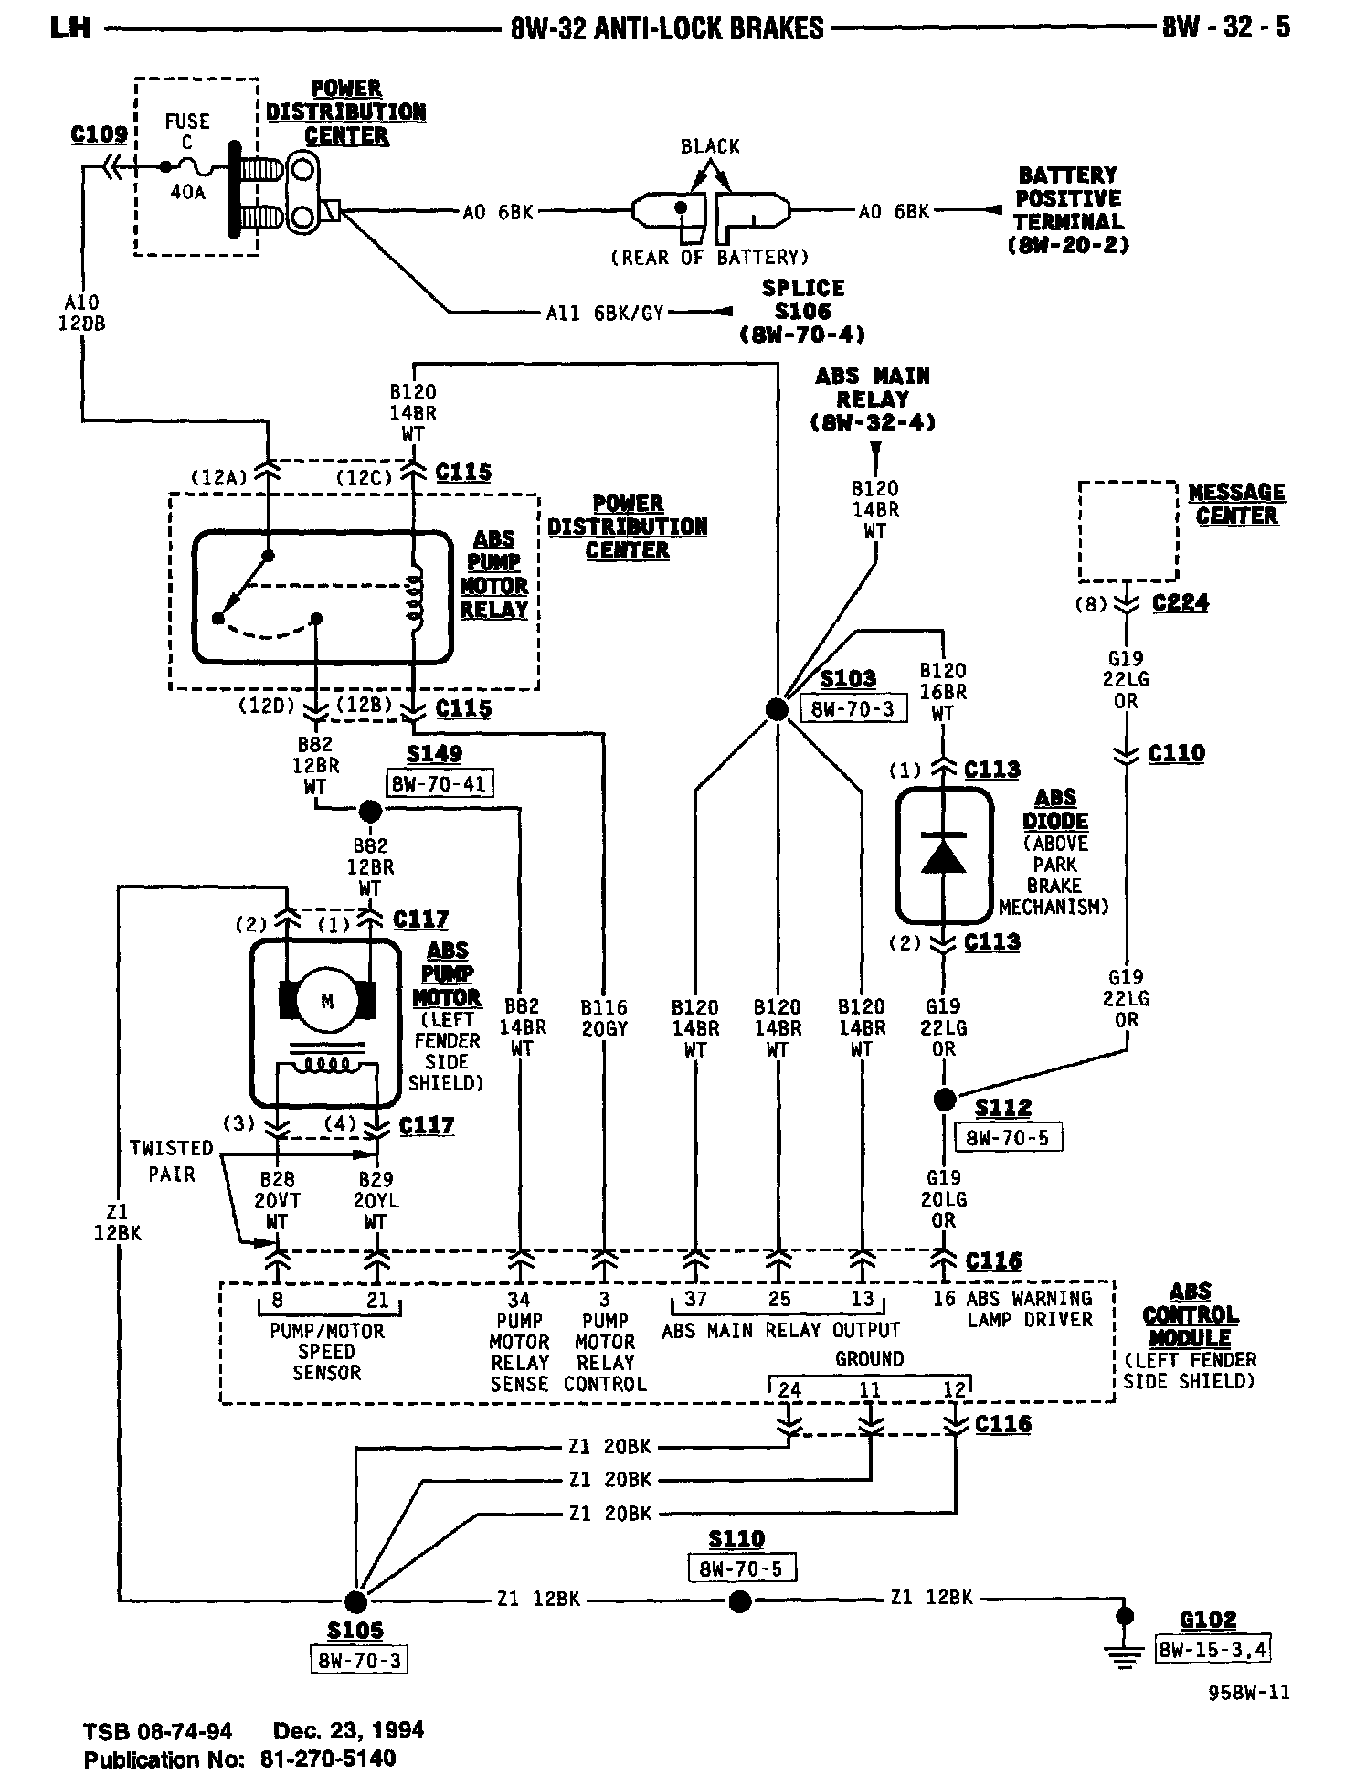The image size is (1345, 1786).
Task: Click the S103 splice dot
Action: (776, 710)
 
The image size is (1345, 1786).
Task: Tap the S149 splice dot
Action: (370, 811)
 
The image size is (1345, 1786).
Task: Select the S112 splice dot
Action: (944, 1099)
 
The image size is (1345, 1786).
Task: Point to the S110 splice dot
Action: (740, 1601)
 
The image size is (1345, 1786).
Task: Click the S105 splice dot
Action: (355, 1601)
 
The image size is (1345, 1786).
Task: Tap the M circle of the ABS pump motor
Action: (327, 1002)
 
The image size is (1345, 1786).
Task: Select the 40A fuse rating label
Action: (187, 193)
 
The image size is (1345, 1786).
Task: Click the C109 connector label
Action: (99, 135)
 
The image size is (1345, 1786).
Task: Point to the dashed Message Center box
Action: (1128, 531)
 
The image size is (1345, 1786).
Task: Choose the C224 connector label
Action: (1180, 603)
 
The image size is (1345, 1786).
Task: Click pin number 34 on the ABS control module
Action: (519, 1299)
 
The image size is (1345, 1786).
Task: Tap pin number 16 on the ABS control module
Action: (943, 1299)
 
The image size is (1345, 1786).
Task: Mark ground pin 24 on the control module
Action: (789, 1390)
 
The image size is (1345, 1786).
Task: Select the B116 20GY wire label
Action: (604, 1018)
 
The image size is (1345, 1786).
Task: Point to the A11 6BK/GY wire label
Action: (604, 313)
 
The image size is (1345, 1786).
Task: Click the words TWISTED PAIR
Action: (171, 1161)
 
